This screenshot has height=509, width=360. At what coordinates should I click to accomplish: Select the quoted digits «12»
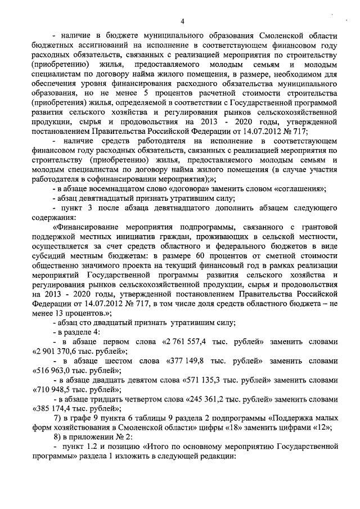point(324,428)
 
